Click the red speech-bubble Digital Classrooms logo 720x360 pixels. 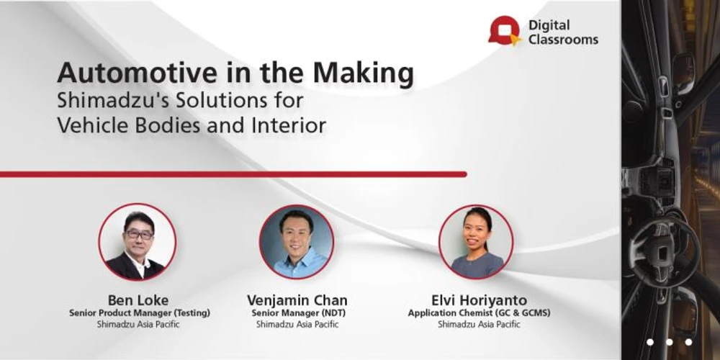coord(504,31)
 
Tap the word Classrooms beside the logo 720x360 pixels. coord(564,40)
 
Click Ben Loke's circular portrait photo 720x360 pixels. coord(138,242)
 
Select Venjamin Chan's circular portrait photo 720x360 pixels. coord(297,242)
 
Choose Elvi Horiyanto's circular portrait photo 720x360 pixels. coord(476,242)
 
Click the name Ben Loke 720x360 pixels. coord(138,300)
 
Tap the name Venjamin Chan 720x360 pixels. coord(297,300)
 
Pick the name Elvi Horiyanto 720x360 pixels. coord(479,300)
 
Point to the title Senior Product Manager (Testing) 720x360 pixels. coord(140,313)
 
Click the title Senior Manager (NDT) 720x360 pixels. coord(297,313)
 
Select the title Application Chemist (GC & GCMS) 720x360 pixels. coord(479,313)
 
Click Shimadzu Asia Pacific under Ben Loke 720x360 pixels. coord(138,324)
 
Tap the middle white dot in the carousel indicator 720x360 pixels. coord(669,341)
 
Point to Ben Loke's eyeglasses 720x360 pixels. coord(139,235)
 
